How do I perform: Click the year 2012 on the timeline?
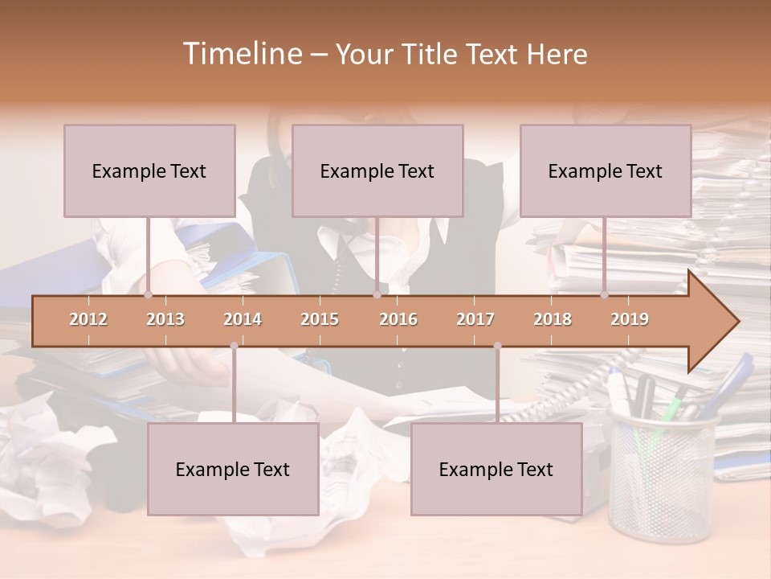point(88,319)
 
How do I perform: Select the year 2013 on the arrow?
point(165,319)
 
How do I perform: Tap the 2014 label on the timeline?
point(243,319)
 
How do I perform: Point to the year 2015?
point(320,319)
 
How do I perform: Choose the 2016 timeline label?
point(398,319)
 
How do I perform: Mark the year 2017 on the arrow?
point(475,319)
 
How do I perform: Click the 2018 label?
point(553,319)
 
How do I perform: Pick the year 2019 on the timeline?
point(630,319)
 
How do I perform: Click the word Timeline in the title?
point(242,54)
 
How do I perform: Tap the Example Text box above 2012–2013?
point(149,170)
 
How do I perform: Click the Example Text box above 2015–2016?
point(377,170)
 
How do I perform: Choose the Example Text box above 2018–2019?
point(606,170)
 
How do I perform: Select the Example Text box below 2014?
point(233,469)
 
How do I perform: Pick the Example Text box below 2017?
point(496,469)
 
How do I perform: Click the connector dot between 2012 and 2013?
point(148,294)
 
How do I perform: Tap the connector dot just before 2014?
point(234,346)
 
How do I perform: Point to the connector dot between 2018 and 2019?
point(604,294)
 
